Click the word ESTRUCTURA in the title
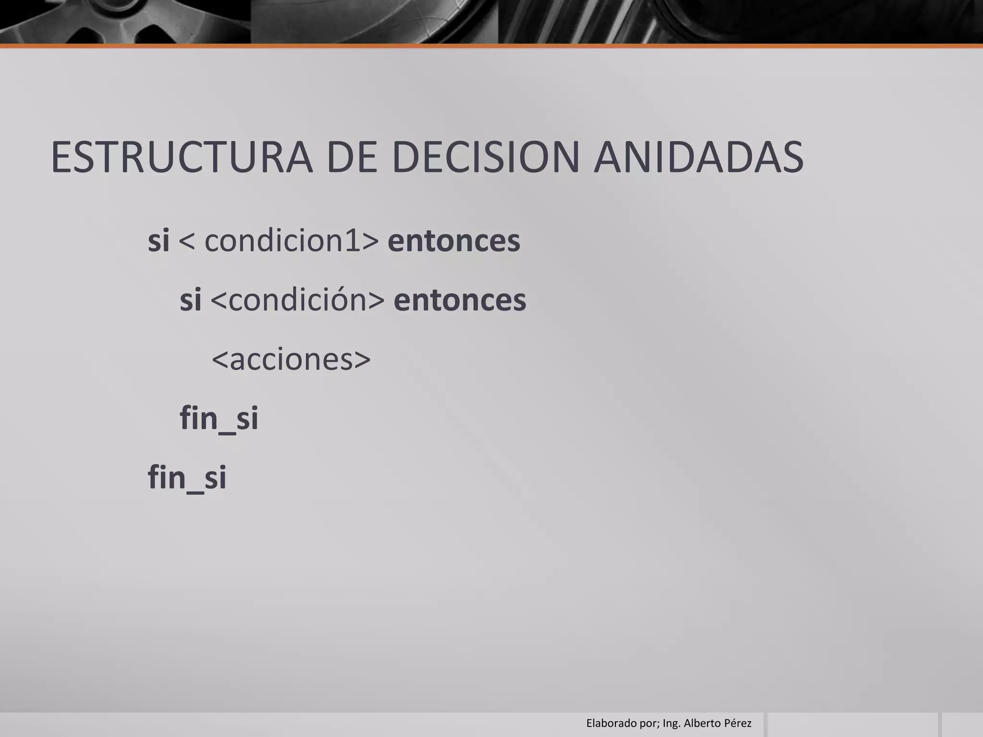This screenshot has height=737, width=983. coord(181,157)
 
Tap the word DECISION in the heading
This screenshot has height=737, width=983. coord(486,157)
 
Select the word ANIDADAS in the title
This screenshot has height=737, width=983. coord(698,157)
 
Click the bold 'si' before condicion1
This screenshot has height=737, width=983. coord(158,240)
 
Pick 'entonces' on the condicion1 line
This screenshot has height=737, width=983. coord(454,241)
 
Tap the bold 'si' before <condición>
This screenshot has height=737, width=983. coord(190,300)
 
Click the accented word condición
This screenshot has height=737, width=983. coord(298,300)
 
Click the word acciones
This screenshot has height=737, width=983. coord(291,359)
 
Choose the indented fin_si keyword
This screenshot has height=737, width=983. coord(219,418)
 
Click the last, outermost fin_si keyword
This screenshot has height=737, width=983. coord(187,478)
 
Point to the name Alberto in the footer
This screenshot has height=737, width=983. coord(701,723)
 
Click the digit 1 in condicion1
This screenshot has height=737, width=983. coord(353,240)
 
